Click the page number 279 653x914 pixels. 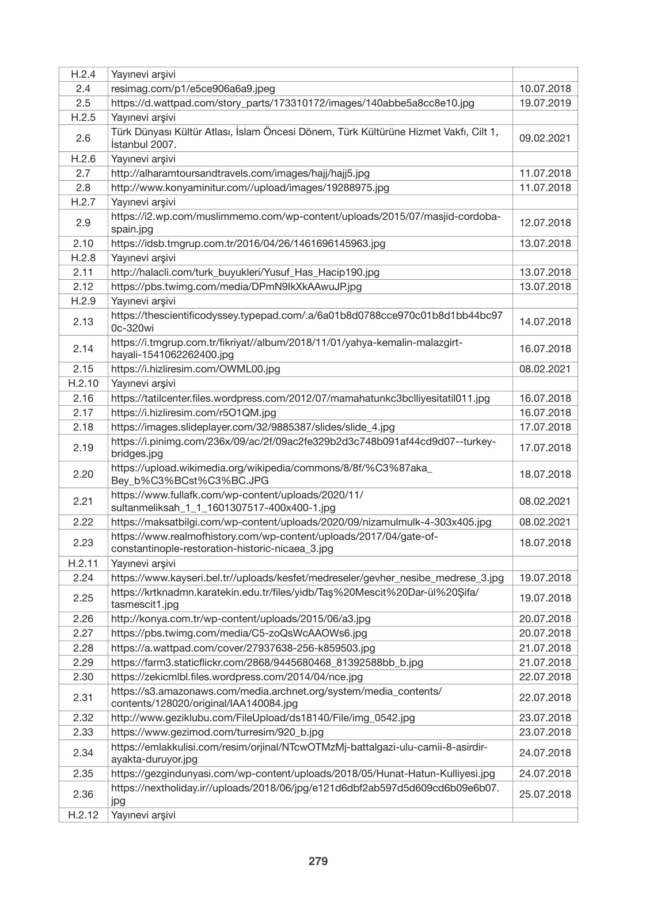pyautogui.click(x=318, y=861)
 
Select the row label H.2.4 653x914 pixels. pyautogui.click(x=83, y=74)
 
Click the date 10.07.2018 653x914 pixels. pyautogui.click(x=545, y=89)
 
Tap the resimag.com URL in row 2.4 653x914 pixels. pyautogui.click(x=193, y=89)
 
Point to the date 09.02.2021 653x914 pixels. pyautogui.click(x=545, y=138)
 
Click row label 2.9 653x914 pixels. pyautogui.click(x=83, y=223)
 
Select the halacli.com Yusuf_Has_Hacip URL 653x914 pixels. pyautogui.click(x=245, y=272)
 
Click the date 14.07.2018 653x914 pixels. pyautogui.click(x=545, y=322)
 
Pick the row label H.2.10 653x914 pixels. pyautogui.click(x=83, y=383)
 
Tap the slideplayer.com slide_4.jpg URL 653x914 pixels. pyautogui.click(x=253, y=427)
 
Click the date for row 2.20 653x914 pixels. pyautogui.click(x=545, y=474)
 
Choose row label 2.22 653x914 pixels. pyautogui.click(x=83, y=522)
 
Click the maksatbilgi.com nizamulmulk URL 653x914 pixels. pyautogui.click(x=301, y=522)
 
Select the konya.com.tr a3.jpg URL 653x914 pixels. pyautogui.click(x=241, y=619)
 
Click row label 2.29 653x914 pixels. pyautogui.click(x=83, y=662)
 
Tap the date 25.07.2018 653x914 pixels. pyautogui.click(x=545, y=794)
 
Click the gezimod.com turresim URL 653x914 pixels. pyautogui.click(x=217, y=732)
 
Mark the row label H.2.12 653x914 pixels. pyautogui.click(x=83, y=815)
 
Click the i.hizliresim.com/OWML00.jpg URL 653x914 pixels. pyautogui.click(x=195, y=369)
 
